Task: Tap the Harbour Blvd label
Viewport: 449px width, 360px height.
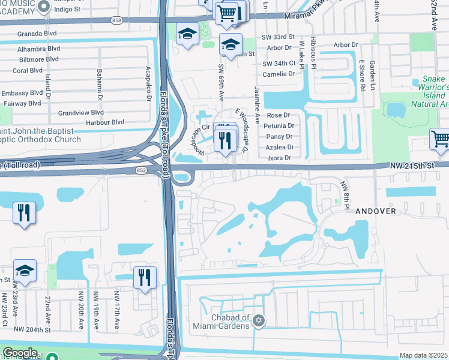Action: tap(104, 122)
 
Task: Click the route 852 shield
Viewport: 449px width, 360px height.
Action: tap(140, 170)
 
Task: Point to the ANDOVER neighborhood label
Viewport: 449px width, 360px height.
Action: tap(375, 211)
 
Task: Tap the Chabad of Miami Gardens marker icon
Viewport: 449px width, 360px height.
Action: tap(259, 319)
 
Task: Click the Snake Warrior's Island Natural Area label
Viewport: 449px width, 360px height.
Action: tap(425, 91)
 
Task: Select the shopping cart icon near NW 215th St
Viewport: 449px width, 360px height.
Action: tap(440, 139)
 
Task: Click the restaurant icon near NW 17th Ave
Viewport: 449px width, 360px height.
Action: tap(145, 277)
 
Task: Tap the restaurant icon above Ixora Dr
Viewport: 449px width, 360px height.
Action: tap(226, 140)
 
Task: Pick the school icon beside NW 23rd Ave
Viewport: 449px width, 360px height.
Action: tap(25, 271)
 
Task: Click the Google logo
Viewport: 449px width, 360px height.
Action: tap(20, 353)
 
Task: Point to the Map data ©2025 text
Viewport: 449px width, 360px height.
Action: tap(423, 355)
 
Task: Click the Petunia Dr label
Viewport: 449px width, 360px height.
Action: tap(282, 126)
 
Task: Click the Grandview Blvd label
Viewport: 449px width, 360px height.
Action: tap(81, 112)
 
